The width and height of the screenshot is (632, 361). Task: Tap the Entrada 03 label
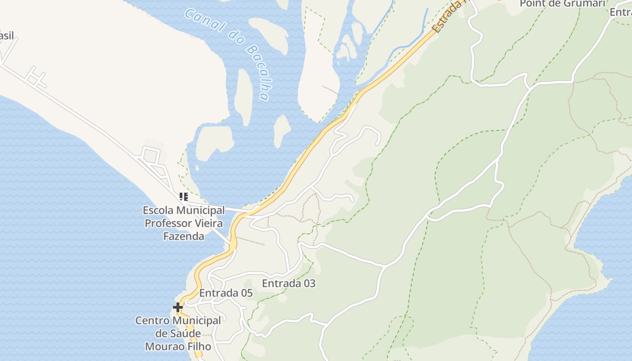tap(288, 283)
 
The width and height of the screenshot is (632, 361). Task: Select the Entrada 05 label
tap(226, 293)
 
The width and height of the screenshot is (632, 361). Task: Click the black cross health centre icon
tap(178, 308)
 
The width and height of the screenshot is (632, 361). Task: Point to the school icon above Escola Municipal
tap(183, 197)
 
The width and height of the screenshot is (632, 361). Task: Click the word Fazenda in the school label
tap(183, 236)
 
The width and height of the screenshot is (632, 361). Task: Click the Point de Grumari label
tap(562, 4)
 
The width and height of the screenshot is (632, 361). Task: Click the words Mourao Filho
tap(178, 347)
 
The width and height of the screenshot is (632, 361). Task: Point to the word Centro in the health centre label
tap(153, 321)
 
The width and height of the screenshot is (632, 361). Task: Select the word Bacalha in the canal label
tap(257, 72)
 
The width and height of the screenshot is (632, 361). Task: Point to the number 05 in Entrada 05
tap(246, 293)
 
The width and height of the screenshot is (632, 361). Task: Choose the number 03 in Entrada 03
tap(309, 283)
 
